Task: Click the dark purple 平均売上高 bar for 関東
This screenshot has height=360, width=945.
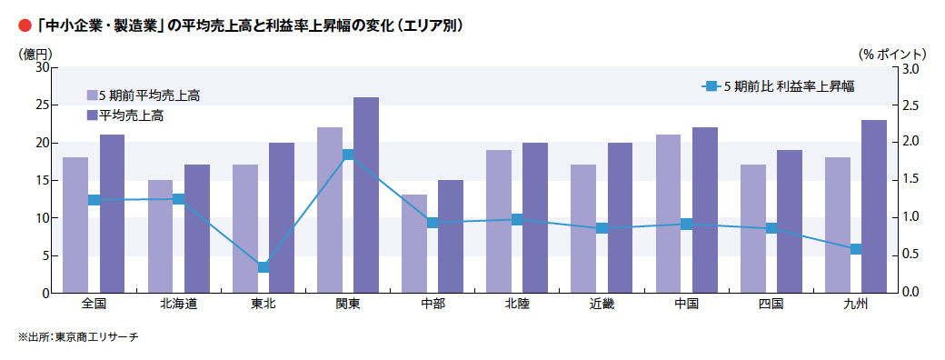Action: pyautogui.click(x=366, y=195)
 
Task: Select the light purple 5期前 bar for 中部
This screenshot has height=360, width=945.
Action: pyautogui.click(x=414, y=244)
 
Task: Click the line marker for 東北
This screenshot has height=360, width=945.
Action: pyautogui.click(x=264, y=266)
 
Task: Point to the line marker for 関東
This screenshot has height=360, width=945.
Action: pyautogui.click(x=348, y=155)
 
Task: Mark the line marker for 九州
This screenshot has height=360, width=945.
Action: pyautogui.click(x=855, y=249)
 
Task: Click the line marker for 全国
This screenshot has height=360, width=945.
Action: pyautogui.click(x=94, y=200)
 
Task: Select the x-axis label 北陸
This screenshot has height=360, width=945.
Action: pyautogui.click(x=517, y=304)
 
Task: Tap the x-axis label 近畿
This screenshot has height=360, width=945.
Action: pyautogui.click(x=602, y=304)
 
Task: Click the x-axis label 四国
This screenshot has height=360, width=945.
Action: pyautogui.click(x=771, y=304)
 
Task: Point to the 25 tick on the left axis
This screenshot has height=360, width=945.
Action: pyautogui.click(x=43, y=105)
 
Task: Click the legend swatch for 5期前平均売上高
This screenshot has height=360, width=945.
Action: pyautogui.click(x=92, y=95)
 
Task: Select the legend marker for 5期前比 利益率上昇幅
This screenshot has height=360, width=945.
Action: pyautogui.click(x=711, y=86)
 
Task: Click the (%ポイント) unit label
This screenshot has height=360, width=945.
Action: pyautogui.click(x=894, y=54)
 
